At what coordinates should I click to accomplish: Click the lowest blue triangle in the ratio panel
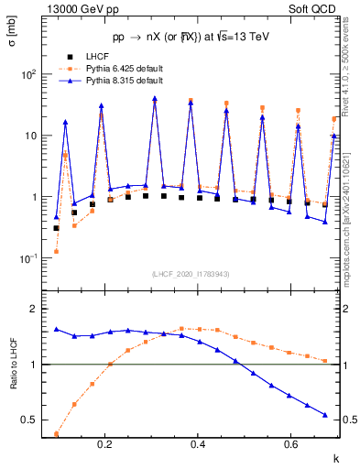coord(325,415)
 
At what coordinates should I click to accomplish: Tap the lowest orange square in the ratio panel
coord(57,434)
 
